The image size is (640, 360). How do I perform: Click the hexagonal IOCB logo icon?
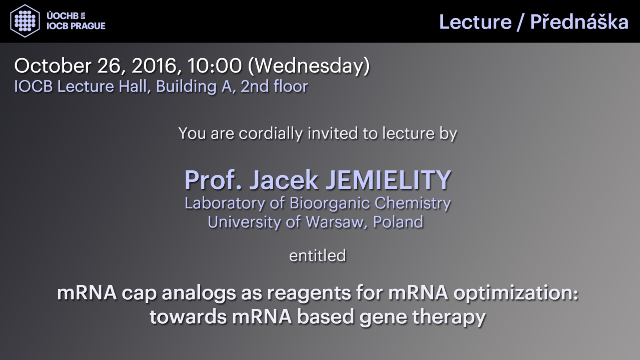click(25, 21)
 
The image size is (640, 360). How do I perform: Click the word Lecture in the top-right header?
click(476, 22)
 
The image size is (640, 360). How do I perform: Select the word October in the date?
click(53, 66)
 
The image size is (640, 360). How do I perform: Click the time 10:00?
click(214, 66)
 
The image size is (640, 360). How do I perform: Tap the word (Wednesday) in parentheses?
click(309, 66)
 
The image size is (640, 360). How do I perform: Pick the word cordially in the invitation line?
click(270, 134)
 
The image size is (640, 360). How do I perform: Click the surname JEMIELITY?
click(388, 180)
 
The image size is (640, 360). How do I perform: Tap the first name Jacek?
click(284, 180)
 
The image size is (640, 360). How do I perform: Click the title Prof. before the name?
click(213, 180)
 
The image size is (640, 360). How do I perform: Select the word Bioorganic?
click(330, 204)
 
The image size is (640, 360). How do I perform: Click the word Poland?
click(398, 222)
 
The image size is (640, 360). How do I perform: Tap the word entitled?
click(318, 256)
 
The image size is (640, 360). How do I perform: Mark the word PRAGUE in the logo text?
click(88, 26)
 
